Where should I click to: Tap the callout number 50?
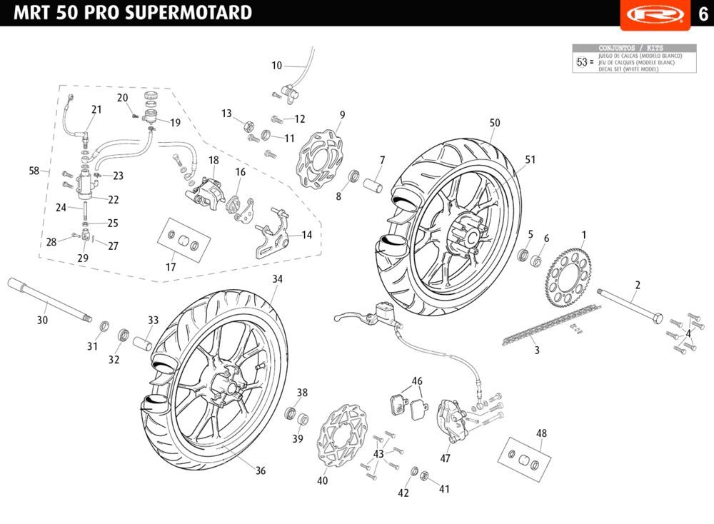pyautogui.click(x=495, y=123)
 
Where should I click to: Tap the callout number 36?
pyautogui.click(x=261, y=471)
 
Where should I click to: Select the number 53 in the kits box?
pyautogui.click(x=581, y=62)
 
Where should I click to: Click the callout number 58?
pyautogui.click(x=34, y=171)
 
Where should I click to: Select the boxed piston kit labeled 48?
pyautogui.click(x=527, y=458)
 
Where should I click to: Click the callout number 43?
pyautogui.click(x=378, y=454)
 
